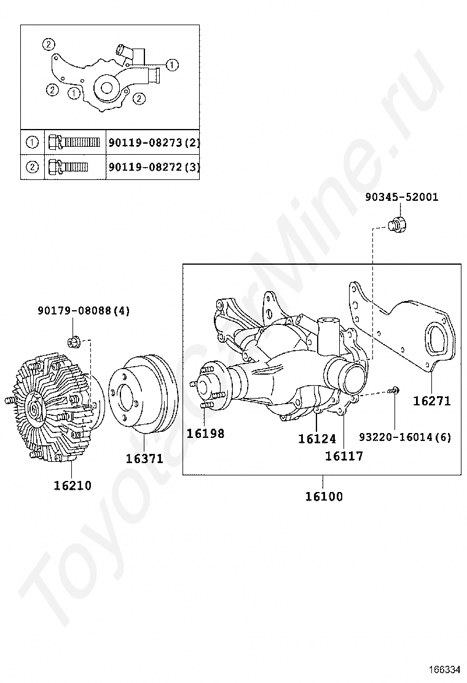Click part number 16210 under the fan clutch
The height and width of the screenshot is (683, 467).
coord(73,485)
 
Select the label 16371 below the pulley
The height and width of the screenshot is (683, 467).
coord(144,459)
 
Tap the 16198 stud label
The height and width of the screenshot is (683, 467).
coord(206,434)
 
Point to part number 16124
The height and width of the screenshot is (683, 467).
coord(317,439)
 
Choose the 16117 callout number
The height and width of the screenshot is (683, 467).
coord(344,456)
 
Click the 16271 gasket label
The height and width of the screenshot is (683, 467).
coord(432,400)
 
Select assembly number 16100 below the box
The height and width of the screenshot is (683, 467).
coord(324,496)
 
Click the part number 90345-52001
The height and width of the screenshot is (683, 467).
coord(402,197)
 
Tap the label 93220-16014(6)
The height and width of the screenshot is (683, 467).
coord(405,437)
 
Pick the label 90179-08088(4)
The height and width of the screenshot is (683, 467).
coord(84,311)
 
